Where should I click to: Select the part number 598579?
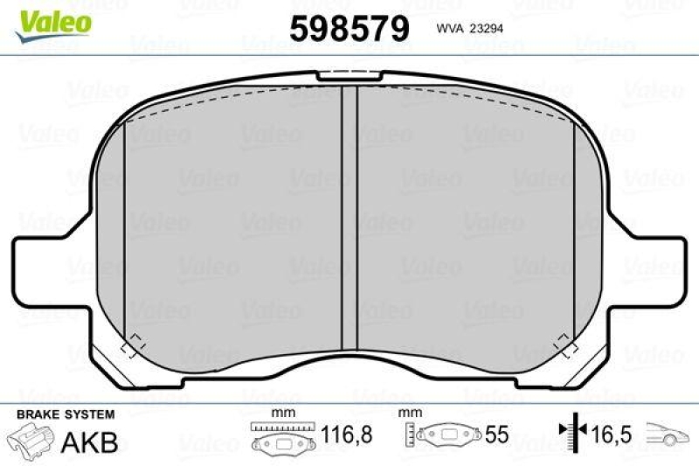coord(350,29)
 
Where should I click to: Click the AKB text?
coord(91,442)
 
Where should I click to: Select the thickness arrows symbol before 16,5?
coord(570,432)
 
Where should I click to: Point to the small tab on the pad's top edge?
coord(349,75)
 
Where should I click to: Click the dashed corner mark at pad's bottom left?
coord(134,344)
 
